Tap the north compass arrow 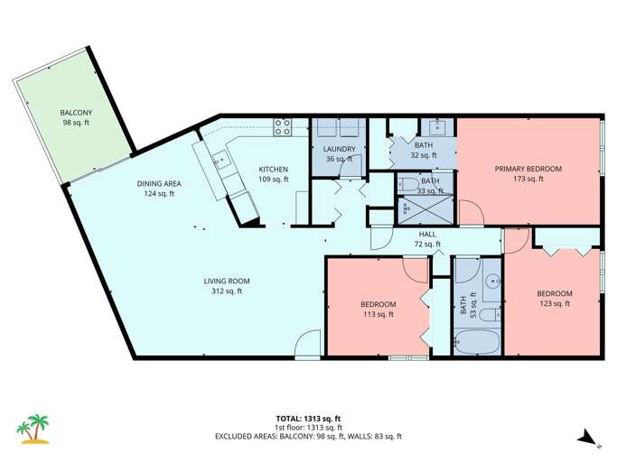[x=586, y=438]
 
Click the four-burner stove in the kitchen [x=281, y=127]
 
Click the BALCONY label [x=64, y=113]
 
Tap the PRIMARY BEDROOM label [x=528, y=169]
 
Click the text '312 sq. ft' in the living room [x=226, y=291]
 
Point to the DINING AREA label [x=159, y=183]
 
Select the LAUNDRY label [x=339, y=149]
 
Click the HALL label [x=427, y=234]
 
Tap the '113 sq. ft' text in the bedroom [x=378, y=314]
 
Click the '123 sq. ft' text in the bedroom [x=554, y=304]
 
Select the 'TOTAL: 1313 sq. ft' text [x=308, y=418]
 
